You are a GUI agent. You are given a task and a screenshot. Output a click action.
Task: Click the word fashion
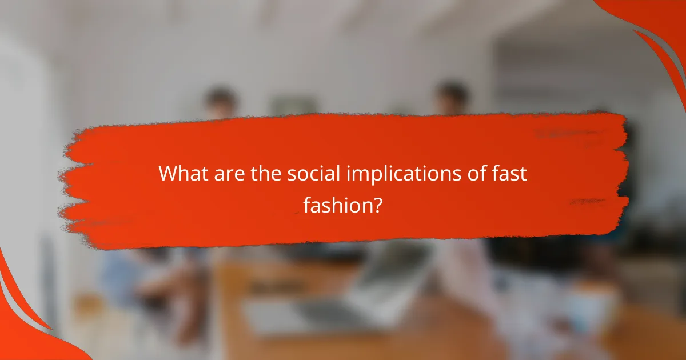(337, 204)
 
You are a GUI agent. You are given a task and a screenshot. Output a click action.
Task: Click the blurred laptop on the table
(354, 297)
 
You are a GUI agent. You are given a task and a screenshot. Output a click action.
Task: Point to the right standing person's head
(452, 97)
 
